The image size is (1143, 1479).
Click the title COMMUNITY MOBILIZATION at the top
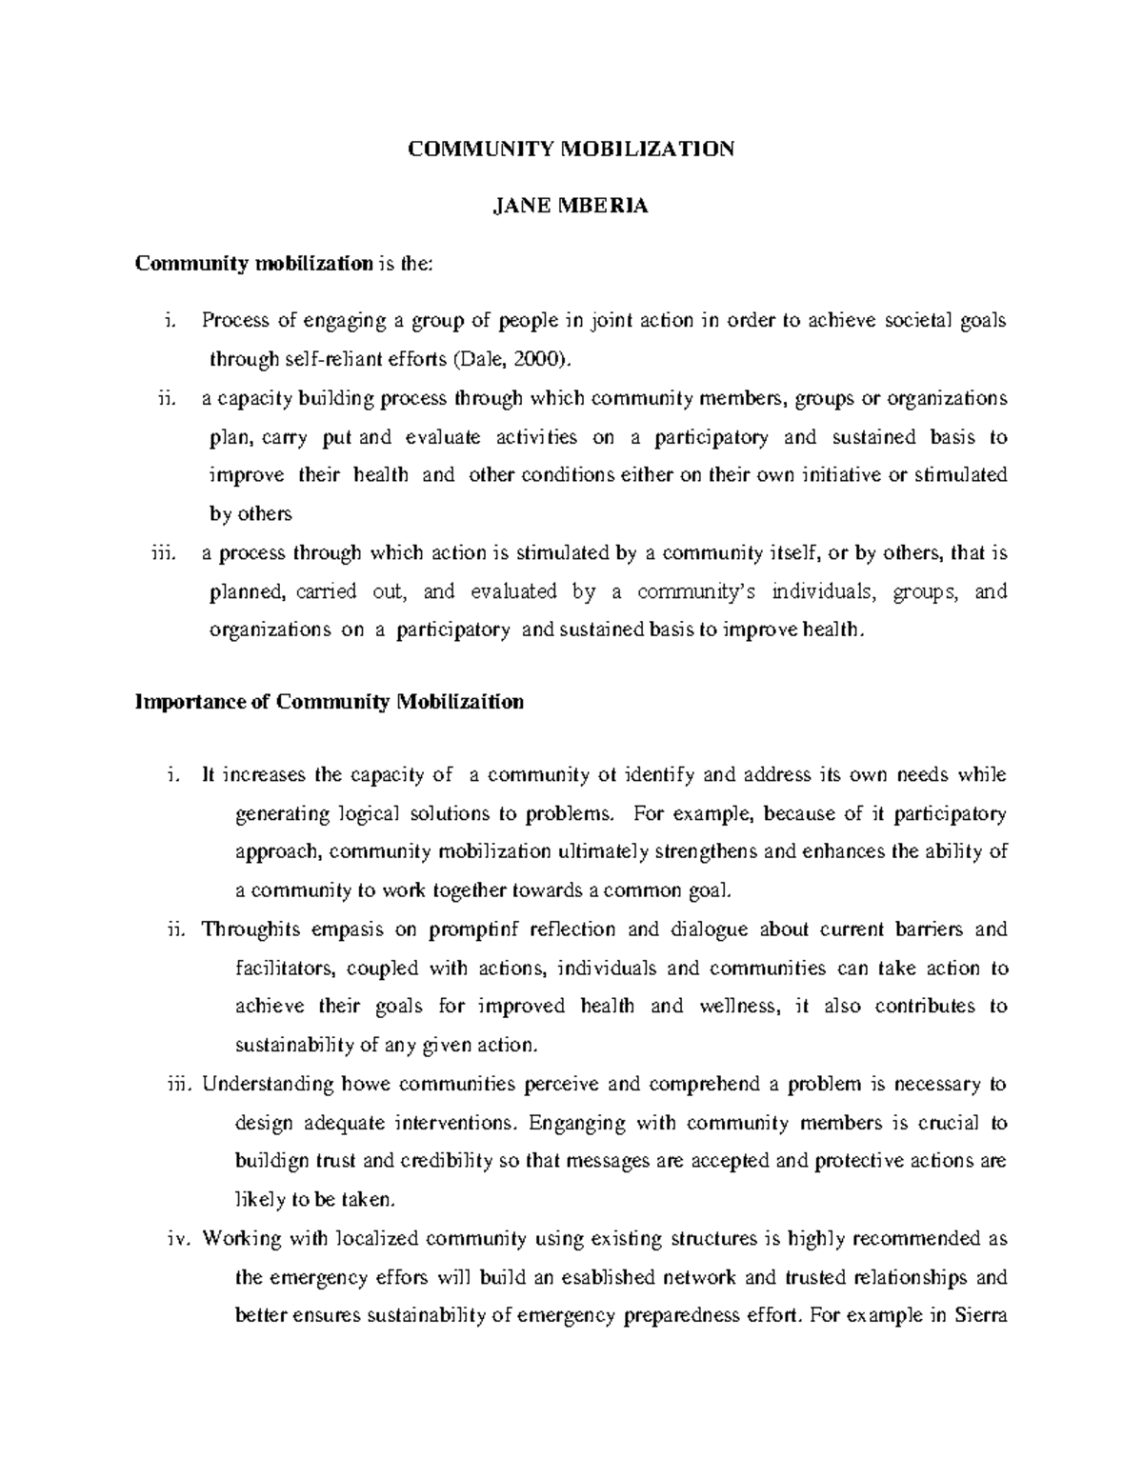571,150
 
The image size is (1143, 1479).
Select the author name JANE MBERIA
571,207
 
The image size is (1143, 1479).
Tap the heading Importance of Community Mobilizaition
330,703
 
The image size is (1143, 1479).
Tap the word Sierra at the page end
981,1316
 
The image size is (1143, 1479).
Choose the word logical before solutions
368,813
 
